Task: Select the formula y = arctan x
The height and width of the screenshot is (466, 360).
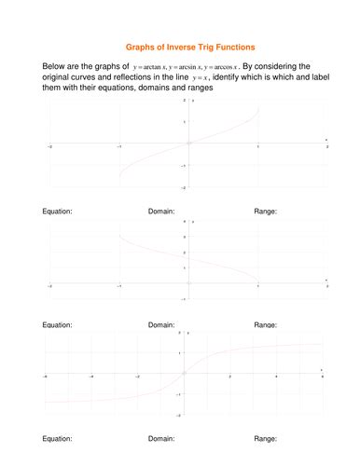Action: pos(149,68)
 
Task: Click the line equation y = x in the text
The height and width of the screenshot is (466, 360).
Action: pos(198,78)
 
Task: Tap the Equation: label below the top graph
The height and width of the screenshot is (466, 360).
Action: pos(58,212)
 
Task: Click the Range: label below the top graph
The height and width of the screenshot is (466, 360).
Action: pos(265,212)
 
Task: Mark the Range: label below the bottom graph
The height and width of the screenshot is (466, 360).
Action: pos(265,437)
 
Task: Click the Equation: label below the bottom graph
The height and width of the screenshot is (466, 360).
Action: pos(58,437)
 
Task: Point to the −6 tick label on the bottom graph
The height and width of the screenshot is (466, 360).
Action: pos(46,377)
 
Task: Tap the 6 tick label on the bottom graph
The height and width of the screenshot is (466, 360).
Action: pos(322,377)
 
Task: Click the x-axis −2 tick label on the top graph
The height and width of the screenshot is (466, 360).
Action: pos(49,147)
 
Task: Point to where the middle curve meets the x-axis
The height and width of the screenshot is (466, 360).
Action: pos(257,281)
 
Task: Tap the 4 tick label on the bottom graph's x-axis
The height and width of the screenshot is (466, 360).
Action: pos(276,377)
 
